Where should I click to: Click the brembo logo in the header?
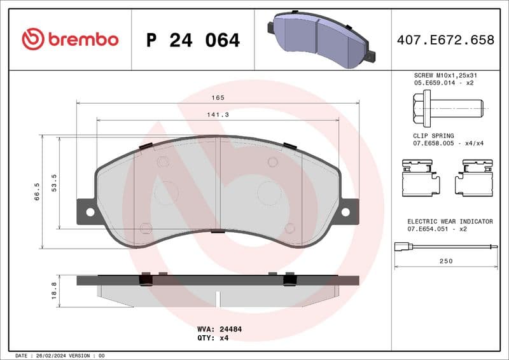(x=70, y=39)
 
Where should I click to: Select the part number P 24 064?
(x=193, y=40)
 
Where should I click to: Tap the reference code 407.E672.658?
(x=445, y=40)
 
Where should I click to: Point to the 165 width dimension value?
(x=218, y=97)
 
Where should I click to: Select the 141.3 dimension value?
(x=218, y=114)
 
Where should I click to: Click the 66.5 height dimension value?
(x=37, y=191)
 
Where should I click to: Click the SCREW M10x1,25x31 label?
(x=445, y=75)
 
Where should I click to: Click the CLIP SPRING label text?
(x=433, y=135)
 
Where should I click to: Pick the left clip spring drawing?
(x=421, y=177)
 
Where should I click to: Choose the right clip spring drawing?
(x=474, y=177)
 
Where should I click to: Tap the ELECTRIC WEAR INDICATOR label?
(x=450, y=221)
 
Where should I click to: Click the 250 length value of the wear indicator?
(x=445, y=261)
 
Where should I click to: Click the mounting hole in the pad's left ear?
(x=89, y=212)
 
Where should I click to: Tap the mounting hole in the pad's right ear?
(x=346, y=212)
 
